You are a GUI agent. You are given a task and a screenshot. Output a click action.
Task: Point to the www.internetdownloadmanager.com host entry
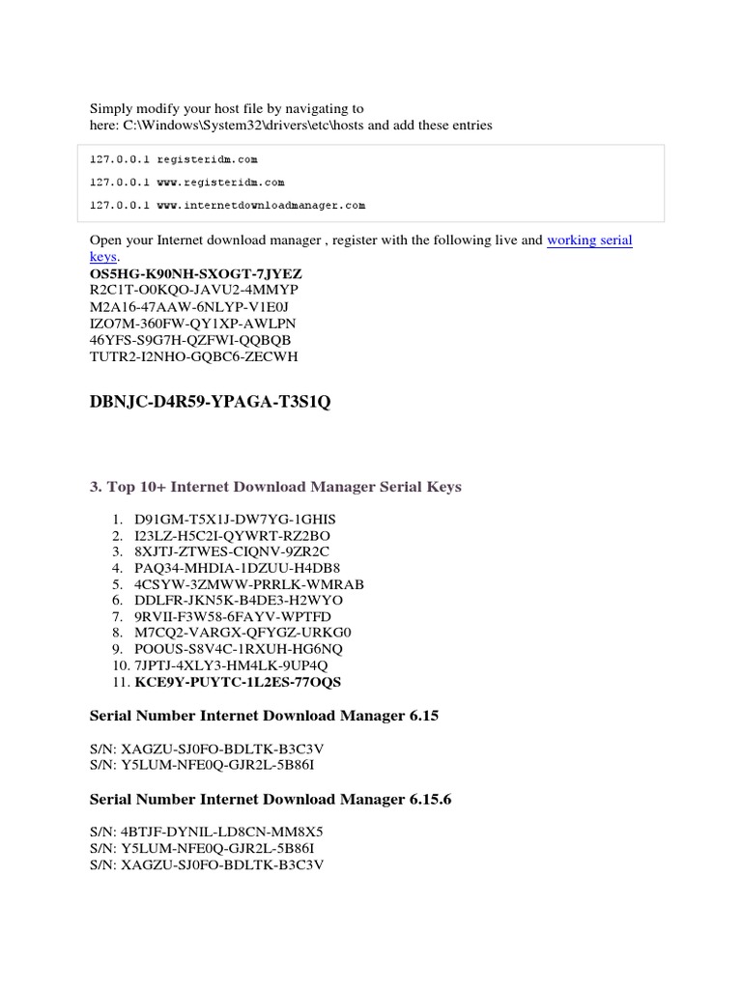(228, 205)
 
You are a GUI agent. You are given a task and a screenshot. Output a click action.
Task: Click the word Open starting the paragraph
(105, 240)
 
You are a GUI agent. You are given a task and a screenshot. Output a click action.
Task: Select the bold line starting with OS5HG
(195, 274)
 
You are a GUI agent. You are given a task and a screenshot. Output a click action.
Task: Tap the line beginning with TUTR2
(194, 356)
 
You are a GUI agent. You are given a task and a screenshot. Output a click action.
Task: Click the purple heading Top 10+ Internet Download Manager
(275, 487)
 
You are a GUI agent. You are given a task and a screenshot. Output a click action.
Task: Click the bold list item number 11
(238, 682)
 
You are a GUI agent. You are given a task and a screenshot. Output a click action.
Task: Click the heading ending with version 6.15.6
(271, 800)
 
